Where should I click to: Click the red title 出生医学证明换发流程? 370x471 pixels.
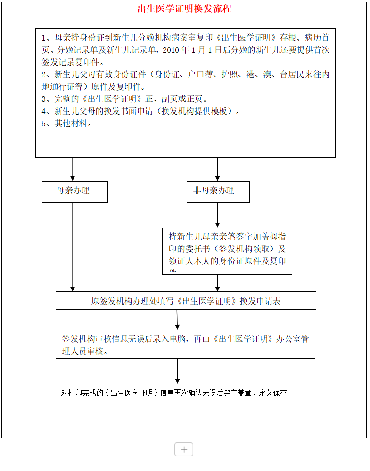184,9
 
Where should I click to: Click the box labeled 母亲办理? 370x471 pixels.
74,191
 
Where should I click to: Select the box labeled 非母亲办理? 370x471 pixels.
218,191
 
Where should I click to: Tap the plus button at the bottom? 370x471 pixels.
184,449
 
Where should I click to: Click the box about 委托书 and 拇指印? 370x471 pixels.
227,251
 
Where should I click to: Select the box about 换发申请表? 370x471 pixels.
186,300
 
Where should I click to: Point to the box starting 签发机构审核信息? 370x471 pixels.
185,344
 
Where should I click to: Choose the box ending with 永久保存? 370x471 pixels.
185,393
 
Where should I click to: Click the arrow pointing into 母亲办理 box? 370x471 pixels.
73,170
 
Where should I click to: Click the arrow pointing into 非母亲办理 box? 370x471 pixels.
217,170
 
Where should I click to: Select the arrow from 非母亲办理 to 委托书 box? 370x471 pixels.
217,215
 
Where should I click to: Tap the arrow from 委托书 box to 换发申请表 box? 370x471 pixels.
217,283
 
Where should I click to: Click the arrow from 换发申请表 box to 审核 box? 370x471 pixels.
177,320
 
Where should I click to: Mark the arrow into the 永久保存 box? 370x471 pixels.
177,371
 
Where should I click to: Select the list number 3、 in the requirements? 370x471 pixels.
45,99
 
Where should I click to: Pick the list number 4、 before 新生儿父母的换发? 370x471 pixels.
45,111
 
